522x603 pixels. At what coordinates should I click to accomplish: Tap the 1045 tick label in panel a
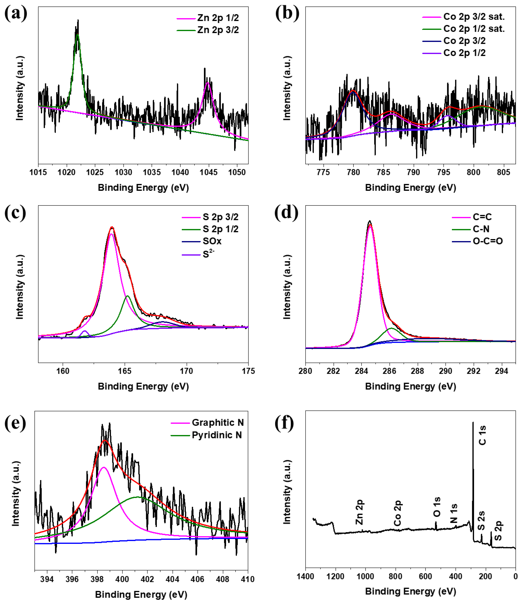tap(208, 172)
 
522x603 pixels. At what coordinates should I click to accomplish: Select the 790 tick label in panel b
tap(413, 172)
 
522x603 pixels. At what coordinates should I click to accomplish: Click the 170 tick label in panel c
tap(186, 371)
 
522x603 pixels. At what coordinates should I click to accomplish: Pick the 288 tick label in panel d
tap(417, 371)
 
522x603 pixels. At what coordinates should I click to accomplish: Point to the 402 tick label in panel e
tap(147, 579)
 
